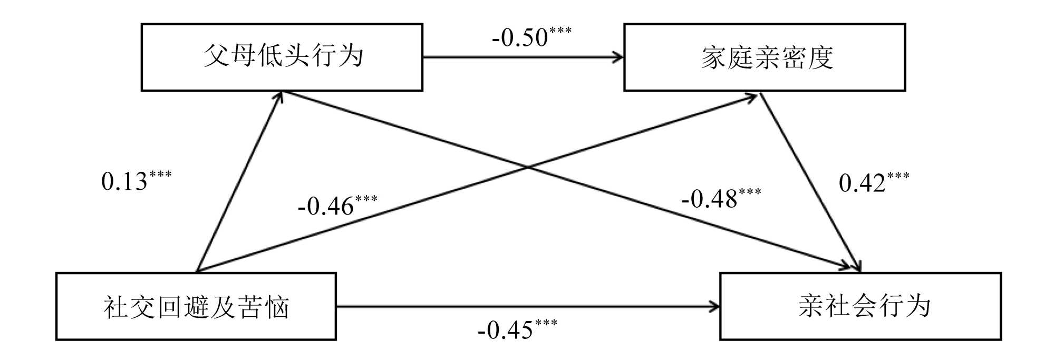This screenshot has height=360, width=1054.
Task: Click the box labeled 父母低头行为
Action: (x=282, y=57)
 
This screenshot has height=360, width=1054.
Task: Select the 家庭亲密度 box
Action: (x=764, y=57)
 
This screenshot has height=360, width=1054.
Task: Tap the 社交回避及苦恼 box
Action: (x=196, y=306)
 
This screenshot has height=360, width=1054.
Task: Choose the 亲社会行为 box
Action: (x=860, y=306)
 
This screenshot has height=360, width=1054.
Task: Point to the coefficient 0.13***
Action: (x=136, y=180)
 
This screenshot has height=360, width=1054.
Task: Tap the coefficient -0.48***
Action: (x=721, y=198)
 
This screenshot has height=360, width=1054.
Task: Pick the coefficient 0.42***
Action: (x=874, y=182)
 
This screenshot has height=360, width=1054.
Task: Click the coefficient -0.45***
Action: (x=517, y=329)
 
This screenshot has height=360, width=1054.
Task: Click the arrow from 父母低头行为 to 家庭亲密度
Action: (x=522, y=56)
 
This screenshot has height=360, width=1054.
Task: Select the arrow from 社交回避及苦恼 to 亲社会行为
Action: (x=527, y=306)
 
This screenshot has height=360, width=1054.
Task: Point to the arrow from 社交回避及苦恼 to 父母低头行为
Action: (x=238, y=182)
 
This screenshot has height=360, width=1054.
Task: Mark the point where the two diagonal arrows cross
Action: (x=528, y=168)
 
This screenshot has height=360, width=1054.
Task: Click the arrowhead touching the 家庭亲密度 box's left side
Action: (x=617, y=56)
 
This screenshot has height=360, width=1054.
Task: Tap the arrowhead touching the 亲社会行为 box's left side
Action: (x=714, y=306)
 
